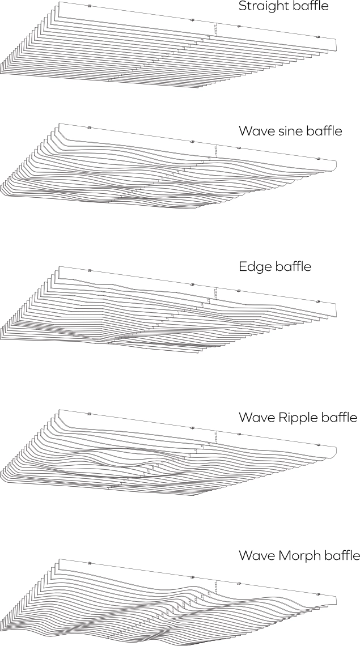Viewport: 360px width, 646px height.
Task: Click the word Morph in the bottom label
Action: [x=300, y=555]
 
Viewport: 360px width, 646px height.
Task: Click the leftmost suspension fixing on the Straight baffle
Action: [x=90, y=6]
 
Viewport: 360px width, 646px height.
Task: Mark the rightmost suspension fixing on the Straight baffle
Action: [x=318, y=37]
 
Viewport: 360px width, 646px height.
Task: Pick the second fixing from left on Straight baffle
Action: [x=192, y=20]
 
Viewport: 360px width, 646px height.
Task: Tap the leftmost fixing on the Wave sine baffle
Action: [x=90, y=127]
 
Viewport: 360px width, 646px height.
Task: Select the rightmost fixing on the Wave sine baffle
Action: [x=318, y=159]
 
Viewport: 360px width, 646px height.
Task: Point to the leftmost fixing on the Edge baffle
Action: [x=90, y=271]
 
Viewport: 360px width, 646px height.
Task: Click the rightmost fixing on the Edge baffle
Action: [x=318, y=301]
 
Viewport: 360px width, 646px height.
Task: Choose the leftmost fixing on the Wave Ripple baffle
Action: [x=90, y=414]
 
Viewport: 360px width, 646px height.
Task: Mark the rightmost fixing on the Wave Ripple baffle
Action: [x=318, y=445]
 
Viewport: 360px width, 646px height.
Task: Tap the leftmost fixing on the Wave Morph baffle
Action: [x=90, y=563]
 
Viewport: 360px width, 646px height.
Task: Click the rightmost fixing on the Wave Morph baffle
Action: [x=318, y=594]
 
